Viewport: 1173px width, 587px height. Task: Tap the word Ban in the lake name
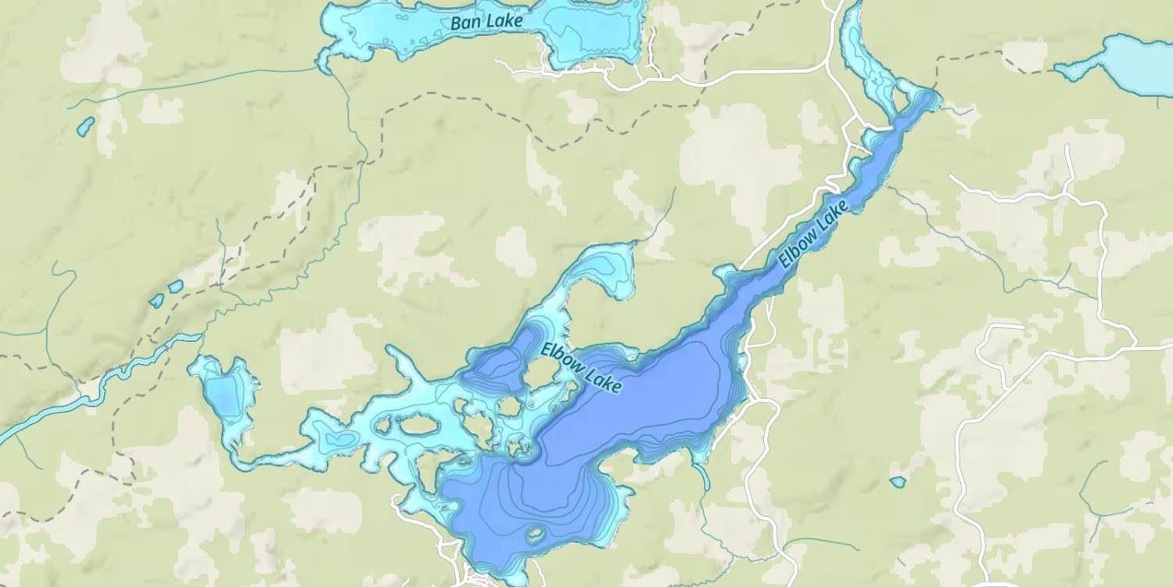click(463, 23)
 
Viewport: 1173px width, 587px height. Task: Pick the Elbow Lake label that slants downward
click(581, 367)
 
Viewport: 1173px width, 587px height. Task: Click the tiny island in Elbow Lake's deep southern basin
click(535, 535)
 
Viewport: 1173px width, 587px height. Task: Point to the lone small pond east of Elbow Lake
click(898, 482)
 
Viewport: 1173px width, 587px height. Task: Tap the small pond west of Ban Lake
click(85, 126)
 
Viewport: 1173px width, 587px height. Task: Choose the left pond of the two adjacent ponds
click(156, 301)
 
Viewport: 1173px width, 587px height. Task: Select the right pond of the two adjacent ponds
click(176, 286)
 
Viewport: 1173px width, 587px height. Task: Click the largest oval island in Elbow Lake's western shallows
click(419, 425)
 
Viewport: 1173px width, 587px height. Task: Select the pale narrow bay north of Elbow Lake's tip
click(864, 55)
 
